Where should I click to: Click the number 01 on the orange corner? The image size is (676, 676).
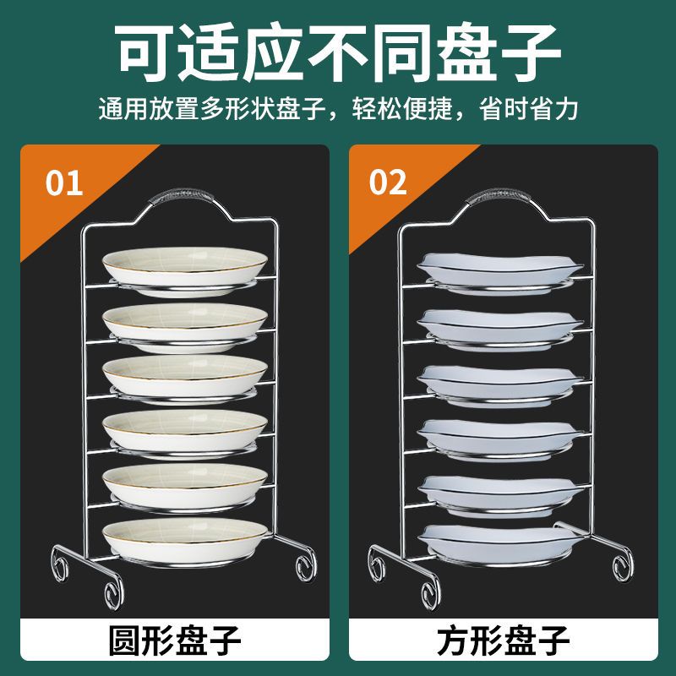click(x=64, y=183)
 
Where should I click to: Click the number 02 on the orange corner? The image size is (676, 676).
click(x=388, y=182)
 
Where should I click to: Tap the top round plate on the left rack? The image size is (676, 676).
click(x=185, y=270)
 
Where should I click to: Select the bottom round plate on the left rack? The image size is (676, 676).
click(x=185, y=542)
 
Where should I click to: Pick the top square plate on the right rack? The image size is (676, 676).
click(x=500, y=272)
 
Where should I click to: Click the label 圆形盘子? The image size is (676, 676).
click(x=175, y=641)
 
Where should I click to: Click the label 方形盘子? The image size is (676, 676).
click(x=503, y=641)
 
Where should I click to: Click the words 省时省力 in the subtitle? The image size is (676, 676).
click(x=529, y=109)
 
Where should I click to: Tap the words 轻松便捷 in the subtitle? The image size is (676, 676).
click(x=402, y=109)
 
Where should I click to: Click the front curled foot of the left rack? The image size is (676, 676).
click(x=114, y=595)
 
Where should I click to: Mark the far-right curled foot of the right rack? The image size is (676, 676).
click(x=623, y=565)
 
